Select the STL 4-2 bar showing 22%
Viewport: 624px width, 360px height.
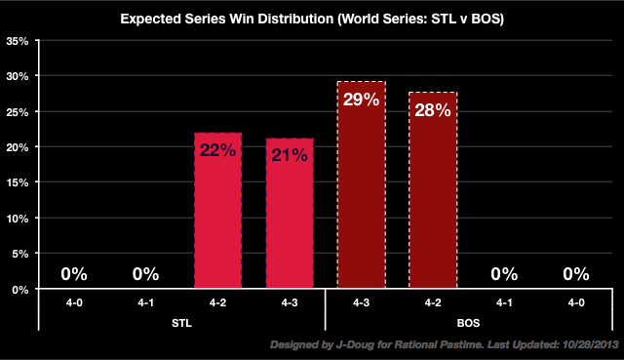click(x=217, y=215)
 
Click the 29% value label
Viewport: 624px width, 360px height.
click(x=361, y=100)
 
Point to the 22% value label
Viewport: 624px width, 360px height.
click(x=217, y=150)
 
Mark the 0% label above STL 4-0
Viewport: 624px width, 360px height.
click(x=74, y=275)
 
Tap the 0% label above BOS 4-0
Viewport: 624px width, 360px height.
click(x=575, y=275)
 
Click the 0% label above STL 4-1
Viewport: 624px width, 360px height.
click(x=145, y=275)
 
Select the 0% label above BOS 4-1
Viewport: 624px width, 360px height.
click(x=504, y=275)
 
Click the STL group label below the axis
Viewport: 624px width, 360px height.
click(x=181, y=320)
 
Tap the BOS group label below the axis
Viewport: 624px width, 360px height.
click(x=468, y=320)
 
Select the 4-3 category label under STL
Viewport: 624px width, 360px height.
click(x=289, y=302)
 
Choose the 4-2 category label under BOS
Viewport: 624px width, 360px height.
click(x=432, y=302)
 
